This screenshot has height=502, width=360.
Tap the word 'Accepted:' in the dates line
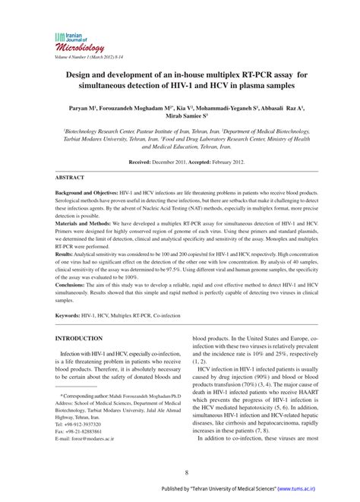click(x=219, y=163)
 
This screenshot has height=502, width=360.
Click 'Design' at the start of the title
click(x=80, y=74)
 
